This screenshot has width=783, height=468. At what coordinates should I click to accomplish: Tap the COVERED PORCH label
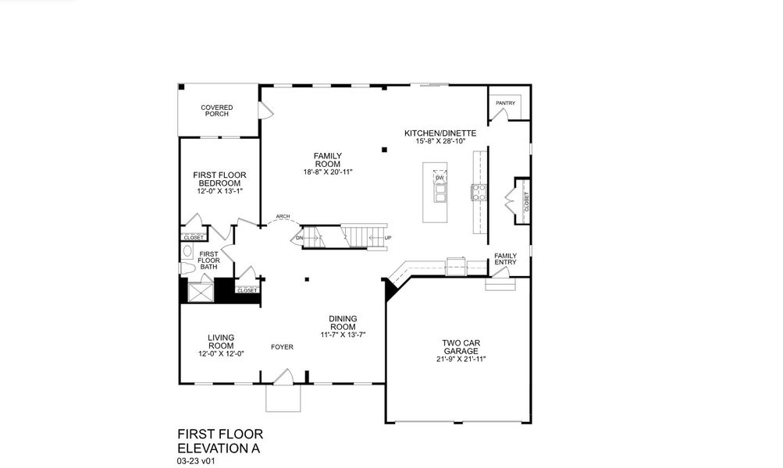(217, 111)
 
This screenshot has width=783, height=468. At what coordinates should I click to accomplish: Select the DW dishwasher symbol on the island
(440, 179)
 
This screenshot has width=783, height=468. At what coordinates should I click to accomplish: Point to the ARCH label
(283, 217)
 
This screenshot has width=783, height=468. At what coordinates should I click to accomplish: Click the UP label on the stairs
(388, 237)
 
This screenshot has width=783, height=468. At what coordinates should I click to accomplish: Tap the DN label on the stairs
(298, 237)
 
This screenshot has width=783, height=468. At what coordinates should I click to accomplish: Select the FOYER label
(282, 347)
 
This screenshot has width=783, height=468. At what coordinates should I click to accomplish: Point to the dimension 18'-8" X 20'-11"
(328, 172)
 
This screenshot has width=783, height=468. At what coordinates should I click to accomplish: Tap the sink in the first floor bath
(187, 251)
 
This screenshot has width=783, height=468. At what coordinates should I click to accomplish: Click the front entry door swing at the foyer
(284, 377)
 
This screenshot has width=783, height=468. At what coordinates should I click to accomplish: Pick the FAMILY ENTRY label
(505, 259)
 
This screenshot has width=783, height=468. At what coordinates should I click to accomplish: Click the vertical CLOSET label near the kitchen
(526, 202)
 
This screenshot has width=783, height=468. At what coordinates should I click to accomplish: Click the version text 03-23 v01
(196, 461)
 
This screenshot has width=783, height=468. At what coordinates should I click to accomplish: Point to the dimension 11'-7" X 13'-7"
(343, 334)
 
